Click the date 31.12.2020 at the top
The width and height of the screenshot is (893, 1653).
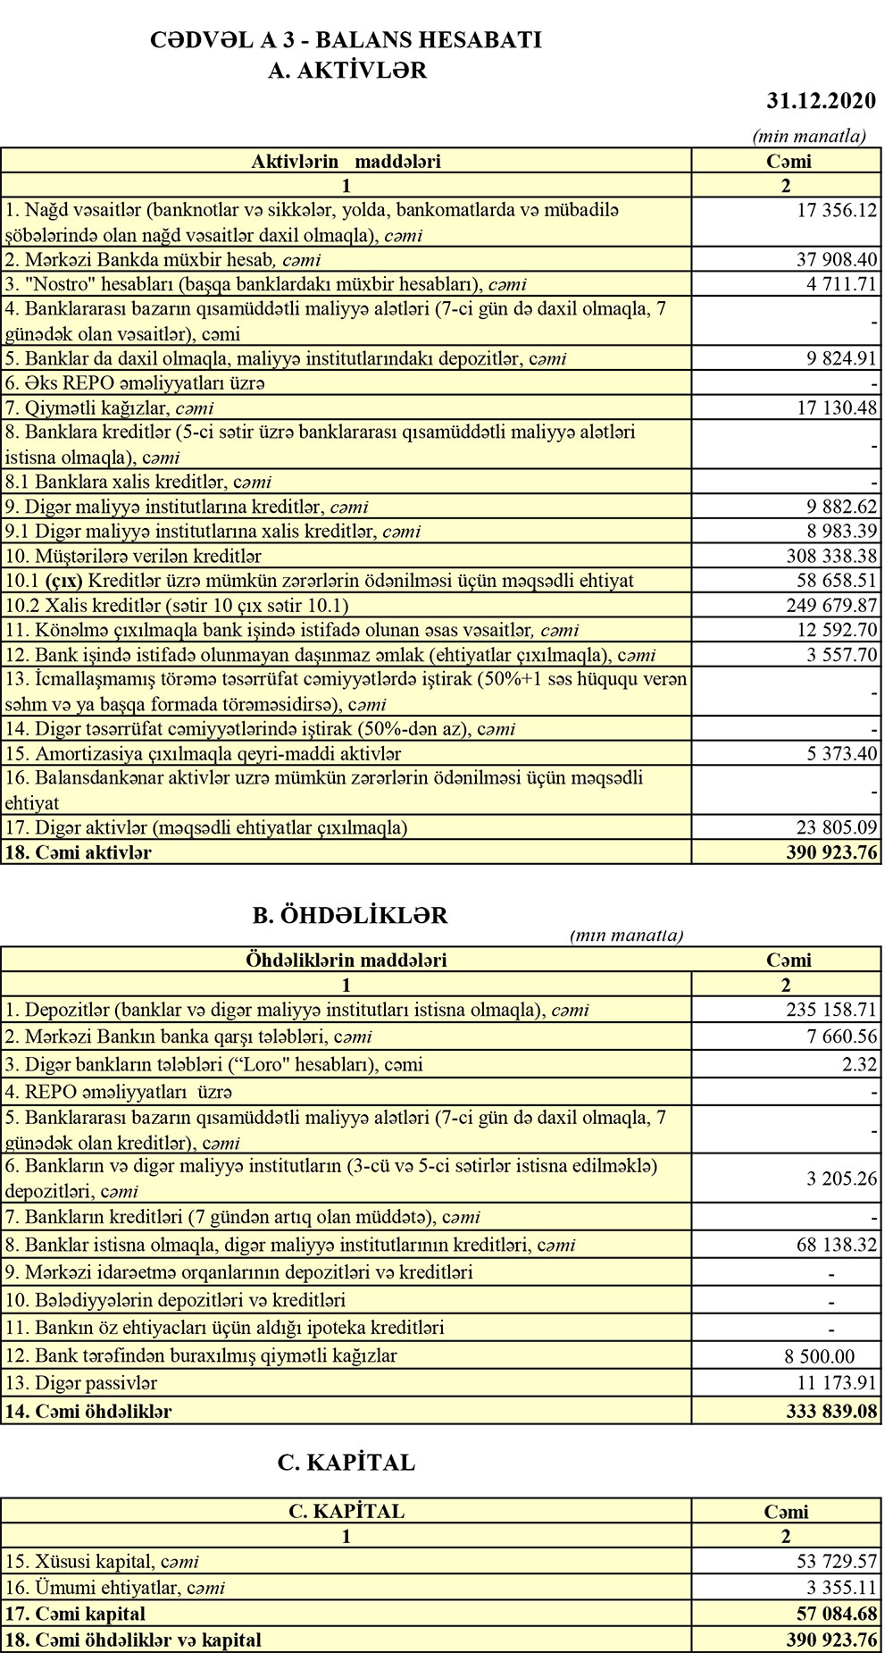click(821, 101)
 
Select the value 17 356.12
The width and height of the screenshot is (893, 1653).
click(837, 211)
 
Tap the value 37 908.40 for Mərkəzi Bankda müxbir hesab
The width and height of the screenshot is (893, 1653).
click(837, 260)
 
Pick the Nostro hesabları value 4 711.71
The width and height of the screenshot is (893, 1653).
click(842, 285)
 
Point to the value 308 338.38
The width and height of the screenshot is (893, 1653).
click(831, 556)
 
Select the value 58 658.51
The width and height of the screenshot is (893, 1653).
click(837, 581)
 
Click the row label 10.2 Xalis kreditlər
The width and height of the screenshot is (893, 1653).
click(177, 605)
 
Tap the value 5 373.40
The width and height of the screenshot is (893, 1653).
click(842, 753)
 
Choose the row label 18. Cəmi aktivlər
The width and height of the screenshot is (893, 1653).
click(79, 852)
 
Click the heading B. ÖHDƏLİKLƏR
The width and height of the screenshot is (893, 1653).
click(350, 915)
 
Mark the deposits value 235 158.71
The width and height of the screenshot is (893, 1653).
click(831, 1011)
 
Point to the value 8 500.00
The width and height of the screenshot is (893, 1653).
click(819, 1355)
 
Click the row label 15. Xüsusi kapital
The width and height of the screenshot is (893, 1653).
click(102, 1562)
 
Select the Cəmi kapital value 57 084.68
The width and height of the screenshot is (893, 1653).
click(837, 1614)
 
